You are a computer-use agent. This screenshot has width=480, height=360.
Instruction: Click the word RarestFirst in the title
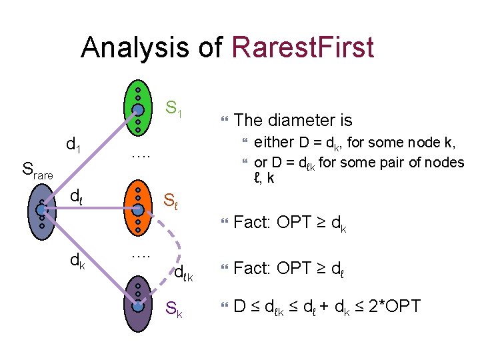point(302,47)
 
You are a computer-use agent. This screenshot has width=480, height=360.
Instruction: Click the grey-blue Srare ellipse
point(41,209)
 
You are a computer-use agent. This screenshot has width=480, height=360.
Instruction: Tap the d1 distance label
point(73,143)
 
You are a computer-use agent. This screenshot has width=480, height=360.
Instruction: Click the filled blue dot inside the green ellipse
point(137,109)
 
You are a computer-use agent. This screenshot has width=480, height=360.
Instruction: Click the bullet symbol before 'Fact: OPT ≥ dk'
point(225,222)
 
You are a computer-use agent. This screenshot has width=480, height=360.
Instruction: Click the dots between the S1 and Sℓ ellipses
point(139,155)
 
